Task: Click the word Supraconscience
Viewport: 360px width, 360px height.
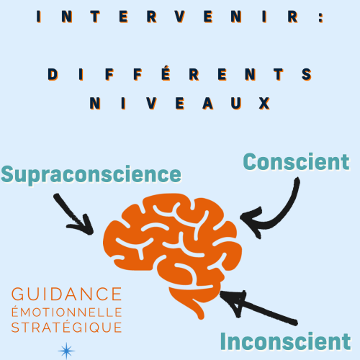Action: click(x=91, y=175)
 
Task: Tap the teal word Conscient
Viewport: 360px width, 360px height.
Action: click(x=297, y=162)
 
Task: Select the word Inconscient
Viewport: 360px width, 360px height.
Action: click(x=286, y=341)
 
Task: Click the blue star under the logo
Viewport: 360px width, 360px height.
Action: click(x=66, y=351)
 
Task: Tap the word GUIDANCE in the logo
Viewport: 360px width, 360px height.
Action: click(x=67, y=294)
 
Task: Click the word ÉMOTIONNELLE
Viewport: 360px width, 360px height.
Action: click(x=67, y=312)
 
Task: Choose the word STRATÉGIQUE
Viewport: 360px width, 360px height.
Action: click(x=67, y=328)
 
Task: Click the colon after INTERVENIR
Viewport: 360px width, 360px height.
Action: click(x=321, y=17)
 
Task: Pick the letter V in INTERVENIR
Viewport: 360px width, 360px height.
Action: click(x=180, y=17)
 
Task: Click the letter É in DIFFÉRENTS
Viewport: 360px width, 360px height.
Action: click(x=166, y=73)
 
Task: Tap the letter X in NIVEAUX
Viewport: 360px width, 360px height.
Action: click(x=264, y=103)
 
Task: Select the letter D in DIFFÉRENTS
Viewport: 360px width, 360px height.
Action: click(x=53, y=74)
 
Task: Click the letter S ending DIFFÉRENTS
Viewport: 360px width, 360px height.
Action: click(x=307, y=74)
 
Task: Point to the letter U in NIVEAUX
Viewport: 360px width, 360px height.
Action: click(x=236, y=103)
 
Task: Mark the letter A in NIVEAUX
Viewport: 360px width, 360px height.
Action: click(x=208, y=103)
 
